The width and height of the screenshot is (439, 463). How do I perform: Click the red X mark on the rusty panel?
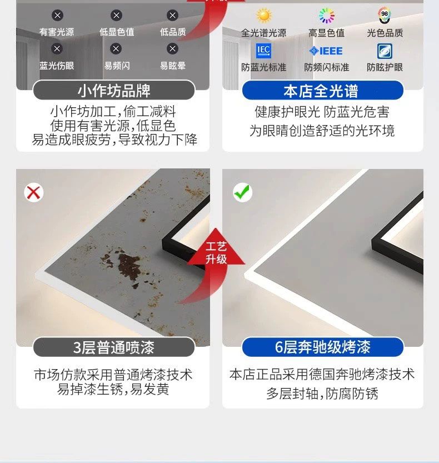(x=34, y=193)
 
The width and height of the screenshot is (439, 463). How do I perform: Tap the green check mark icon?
(x=242, y=192)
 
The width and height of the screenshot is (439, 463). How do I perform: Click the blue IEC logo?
(x=263, y=51)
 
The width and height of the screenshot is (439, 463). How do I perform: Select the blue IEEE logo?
(x=326, y=51)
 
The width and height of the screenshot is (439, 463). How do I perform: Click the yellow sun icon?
(x=263, y=15)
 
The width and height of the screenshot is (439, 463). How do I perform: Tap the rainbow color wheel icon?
(x=327, y=16)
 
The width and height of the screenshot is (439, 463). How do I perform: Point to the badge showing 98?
(x=385, y=16)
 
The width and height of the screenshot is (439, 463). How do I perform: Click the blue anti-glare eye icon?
(x=385, y=51)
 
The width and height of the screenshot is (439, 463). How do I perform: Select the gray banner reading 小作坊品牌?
(x=114, y=90)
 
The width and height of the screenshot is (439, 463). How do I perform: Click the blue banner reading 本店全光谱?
(x=323, y=91)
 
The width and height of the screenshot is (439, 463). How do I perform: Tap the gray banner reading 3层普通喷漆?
(x=114, y=347)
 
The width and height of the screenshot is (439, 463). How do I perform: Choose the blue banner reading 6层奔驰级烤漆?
(x=323, y=347)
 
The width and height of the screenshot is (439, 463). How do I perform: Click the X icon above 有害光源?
(x=57, y=15)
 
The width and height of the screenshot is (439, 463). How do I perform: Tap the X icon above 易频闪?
(x=116, y=49)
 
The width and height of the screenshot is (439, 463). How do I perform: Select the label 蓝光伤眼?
(x=57, y=66)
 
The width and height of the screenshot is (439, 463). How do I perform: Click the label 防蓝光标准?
(x=263, y=67)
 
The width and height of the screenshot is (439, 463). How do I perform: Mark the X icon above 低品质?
(x=172, y=15)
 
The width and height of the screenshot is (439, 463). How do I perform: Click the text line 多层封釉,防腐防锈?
(x=322, y=394)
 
